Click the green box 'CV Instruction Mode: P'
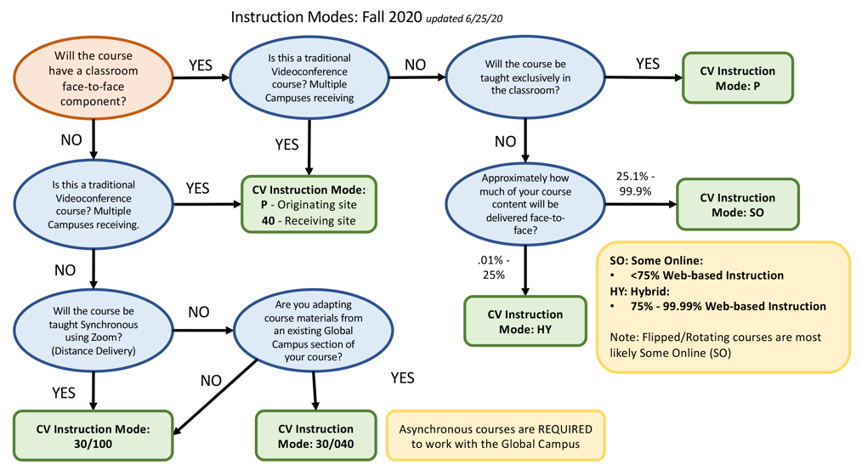tap(737, 78)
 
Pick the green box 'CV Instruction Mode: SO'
tap(737, 204)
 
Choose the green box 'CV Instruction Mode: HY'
tap(525, 321)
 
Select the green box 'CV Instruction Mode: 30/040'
tap(315, 436)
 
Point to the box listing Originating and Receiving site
tap(309, 204)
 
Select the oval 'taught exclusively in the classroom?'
tap(526, 78)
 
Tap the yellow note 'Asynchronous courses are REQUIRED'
tap(496, 436)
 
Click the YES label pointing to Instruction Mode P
tap(647, 64)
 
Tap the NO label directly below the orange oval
tap(70, 136)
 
